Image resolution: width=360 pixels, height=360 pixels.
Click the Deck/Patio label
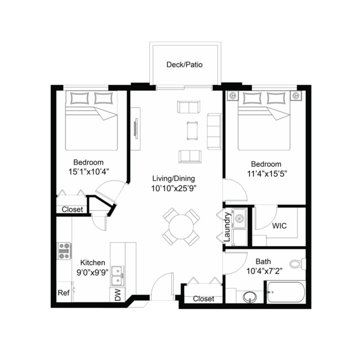tap(184, 65)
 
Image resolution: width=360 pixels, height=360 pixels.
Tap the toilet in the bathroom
tap(297, 264)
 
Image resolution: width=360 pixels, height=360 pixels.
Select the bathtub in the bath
tap(286, 292)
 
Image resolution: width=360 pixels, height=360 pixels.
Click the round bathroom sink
tap(250, 297)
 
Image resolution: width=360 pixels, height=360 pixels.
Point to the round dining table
tap(181, 227)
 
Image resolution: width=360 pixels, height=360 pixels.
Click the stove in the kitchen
tap(64, 251)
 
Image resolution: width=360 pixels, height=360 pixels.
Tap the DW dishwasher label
tap(118, 295)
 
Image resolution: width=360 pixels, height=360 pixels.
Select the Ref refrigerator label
tap(64, 293)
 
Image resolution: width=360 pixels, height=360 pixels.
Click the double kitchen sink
tap(118, 275)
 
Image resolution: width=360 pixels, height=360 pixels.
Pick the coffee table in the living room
tap(192, 131)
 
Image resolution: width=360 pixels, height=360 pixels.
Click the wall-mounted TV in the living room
tap(136, 128)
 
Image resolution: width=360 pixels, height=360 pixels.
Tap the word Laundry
tap(227, 227)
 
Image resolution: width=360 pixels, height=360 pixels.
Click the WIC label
tap(279, 226)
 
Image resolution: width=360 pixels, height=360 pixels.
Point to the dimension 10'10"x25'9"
tap(174, 189)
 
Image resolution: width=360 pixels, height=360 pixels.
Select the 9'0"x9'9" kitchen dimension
tap(92, 272)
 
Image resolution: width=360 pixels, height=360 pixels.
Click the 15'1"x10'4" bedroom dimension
tap(88, 172)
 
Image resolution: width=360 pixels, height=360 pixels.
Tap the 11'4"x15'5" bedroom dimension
tap(267, 174)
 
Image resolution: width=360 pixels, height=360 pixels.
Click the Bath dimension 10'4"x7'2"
tap(264, 272)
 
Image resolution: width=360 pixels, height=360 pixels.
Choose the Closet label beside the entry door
tap(203, 299)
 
